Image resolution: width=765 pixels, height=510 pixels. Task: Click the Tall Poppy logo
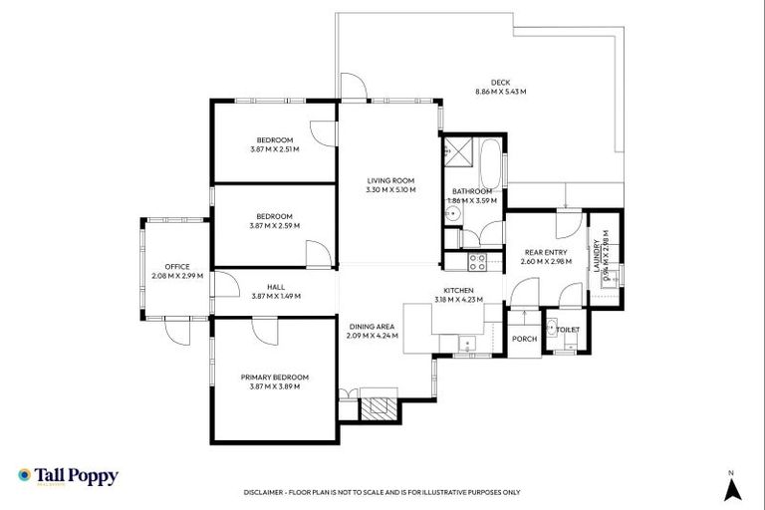tap(69, 477)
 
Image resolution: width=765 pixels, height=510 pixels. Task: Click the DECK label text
tap(500, 83)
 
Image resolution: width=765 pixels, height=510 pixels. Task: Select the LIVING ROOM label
tap(390, 180)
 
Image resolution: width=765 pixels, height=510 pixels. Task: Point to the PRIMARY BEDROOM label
tap(274, 377)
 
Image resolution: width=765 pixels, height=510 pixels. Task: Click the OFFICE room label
tap(177, 266)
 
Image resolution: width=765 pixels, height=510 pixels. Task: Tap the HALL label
tap(276, 286)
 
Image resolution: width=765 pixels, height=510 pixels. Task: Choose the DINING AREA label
tap(373, 327)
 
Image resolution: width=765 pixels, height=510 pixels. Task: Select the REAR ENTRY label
tap(546, 253)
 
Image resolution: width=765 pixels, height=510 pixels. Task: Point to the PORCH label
tap(524, 339)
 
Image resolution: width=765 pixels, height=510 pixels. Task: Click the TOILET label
tap(568, 328)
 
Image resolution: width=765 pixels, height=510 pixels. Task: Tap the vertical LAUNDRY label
tap(597, 255)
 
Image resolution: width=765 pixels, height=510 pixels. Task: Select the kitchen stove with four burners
tap(476, 263)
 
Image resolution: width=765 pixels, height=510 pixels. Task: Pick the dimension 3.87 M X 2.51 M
tap(274, 149)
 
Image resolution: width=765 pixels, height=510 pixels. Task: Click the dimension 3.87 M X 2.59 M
tap(274, 225)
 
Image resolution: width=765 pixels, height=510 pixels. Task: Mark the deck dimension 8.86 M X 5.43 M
tap(500, 92)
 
